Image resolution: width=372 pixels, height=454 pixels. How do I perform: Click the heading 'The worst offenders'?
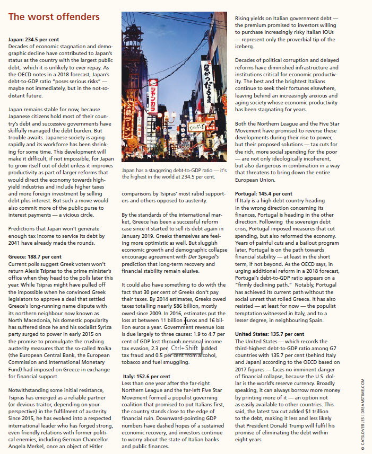click(x=54, y=17)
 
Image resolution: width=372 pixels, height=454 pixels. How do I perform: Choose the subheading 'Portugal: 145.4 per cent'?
click(x=263, y=193)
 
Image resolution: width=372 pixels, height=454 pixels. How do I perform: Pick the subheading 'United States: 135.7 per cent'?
click(x=270, y=334)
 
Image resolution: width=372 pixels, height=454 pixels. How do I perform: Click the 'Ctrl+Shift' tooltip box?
click(x=184, y=348)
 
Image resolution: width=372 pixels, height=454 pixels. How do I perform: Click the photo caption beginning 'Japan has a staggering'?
click(x=174, y=173)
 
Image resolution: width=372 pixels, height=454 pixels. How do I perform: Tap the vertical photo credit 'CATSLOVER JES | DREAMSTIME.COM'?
click(x=362, y=406)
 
